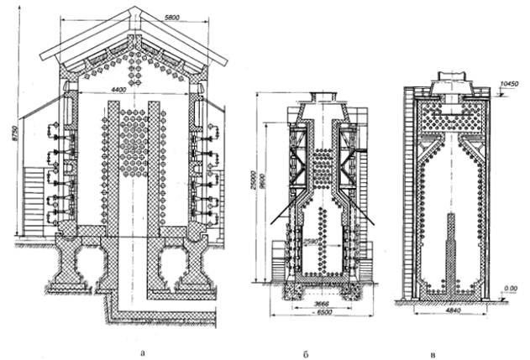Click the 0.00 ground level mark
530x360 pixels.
508,287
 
